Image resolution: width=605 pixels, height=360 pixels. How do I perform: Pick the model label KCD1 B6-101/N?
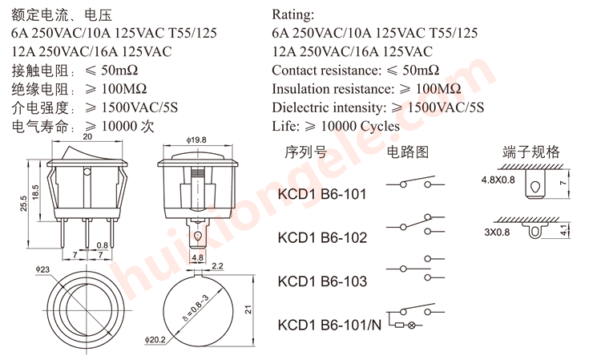[329, 325]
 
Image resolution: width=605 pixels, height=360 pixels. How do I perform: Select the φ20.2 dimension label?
[155, 340]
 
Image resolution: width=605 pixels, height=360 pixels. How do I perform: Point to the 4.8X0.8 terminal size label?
[498, 180]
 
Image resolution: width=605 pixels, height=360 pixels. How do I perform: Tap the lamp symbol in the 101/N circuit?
[413, 326]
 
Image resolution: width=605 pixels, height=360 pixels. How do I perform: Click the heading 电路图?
[409, 152]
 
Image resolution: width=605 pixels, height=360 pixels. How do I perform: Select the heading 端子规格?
[530, 152]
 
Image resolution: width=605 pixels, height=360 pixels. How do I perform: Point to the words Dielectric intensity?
[329, 107]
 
